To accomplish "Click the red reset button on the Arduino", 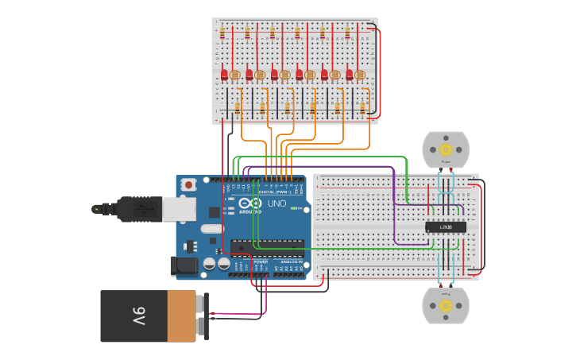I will pos(188,185).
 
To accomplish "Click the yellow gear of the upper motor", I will pos(446,149).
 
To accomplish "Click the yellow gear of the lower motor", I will pos(446,305).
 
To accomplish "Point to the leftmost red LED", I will pos(225,75).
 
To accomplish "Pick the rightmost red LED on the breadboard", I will pos(349,75).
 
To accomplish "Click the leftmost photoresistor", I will pos(235,75).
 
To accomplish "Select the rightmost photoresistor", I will pos(360,75).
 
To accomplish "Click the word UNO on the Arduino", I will pos(276,204).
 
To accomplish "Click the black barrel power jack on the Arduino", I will pos(185,266).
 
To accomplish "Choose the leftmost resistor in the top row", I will pos(222,33).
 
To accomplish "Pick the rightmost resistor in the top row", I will pos(347,33).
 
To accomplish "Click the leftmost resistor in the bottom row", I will pos(238,107).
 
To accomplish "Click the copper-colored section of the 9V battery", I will pos(182,316).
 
